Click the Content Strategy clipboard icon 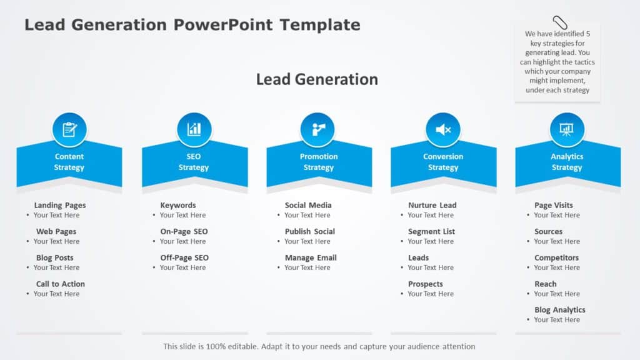pyautogui.click(x=69, y=129)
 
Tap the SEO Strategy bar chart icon pyautogui.click(x=194, y=129)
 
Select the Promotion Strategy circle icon pyautogui.click(x=318, y=129)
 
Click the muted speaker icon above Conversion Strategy pyautogui.click(x=443, y=129)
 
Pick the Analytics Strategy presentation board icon pyautogui.click(x=567, y=129)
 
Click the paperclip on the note pyautogui.click(x=557, y=23)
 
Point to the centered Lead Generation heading pyautogui.click(x=317, y=79)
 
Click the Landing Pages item pyautogui.click(x=60, y=205)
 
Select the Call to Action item pyautogui.click(x=61, y=284)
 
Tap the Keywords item pyautogui.click(x=178, y=205)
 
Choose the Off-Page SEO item pyautogui.click(x=184, y=257)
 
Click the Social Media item pyautogui.click(x=308, y=205)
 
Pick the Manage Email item pyautogui.click(x=311, y=257)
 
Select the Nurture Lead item pyautogui.click(x=432, y=205)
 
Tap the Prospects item pyautogui.click(x=426, y=284)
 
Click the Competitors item pyautogui.click(x=556, y=257)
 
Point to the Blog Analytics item pyautogui.click(x=560, y=310)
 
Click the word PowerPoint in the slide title pyautogui.click(x=223, y=25)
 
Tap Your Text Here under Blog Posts pyautogui.click(x=57, y=267)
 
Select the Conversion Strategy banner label pyautogui.click(x=443, y=162)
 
